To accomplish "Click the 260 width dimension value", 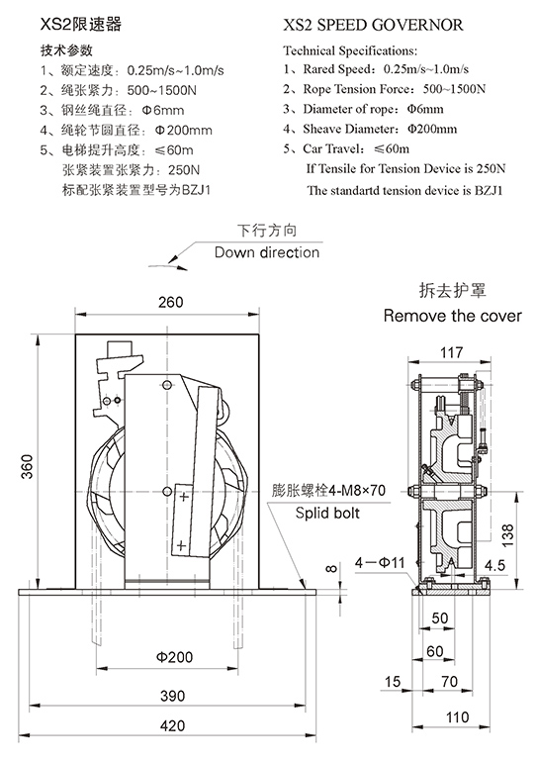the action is (171, 302).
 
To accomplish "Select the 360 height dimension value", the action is (27, 466).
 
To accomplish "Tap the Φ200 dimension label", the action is (174, 657).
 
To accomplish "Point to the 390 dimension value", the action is (172, 696).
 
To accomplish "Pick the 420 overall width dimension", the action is (172, 725).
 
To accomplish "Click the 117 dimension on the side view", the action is (452, 352).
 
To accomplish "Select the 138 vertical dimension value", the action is (507, 535).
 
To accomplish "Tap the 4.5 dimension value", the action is (494, 565).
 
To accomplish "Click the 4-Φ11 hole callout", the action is (380, 563).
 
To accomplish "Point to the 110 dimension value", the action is (457, 716).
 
